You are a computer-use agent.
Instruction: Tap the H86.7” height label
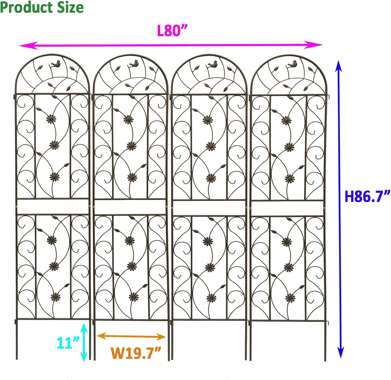pyautogui.click(x=367, y=196)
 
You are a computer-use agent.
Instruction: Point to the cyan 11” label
pyautogui.click(x=68, y=343)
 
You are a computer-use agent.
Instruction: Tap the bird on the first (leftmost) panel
pyautogui.click(x=56, y=64)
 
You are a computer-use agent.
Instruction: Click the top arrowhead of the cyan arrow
pyautogui.click(x=84, y=328)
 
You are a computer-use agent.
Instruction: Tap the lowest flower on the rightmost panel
pyautogui.click(x=290, y=298)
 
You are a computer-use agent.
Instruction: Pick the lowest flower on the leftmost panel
pyautogui.click(x=56, y=297)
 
